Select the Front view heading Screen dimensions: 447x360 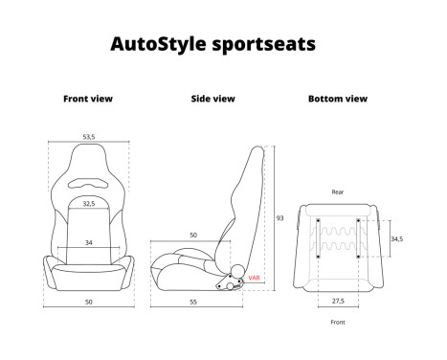pos(88,99)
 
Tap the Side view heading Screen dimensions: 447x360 pos(212,99)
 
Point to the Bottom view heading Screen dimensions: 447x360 pos(337,99)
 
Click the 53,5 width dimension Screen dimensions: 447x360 pos(88,137)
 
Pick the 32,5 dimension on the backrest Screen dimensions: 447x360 pos(88,203)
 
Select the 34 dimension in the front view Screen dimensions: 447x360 pos(88,242)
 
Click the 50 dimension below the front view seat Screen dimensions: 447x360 pos(88,302)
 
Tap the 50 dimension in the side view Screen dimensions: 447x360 pos(192,235)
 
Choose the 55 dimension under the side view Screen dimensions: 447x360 pos(193,302)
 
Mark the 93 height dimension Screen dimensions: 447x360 pos(279,218)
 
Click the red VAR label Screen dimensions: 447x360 pos(254,278)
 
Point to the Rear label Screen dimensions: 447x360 pos(337,191)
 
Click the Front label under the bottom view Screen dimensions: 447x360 pos(337,324)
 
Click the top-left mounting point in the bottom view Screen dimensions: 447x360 pos(317,221)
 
